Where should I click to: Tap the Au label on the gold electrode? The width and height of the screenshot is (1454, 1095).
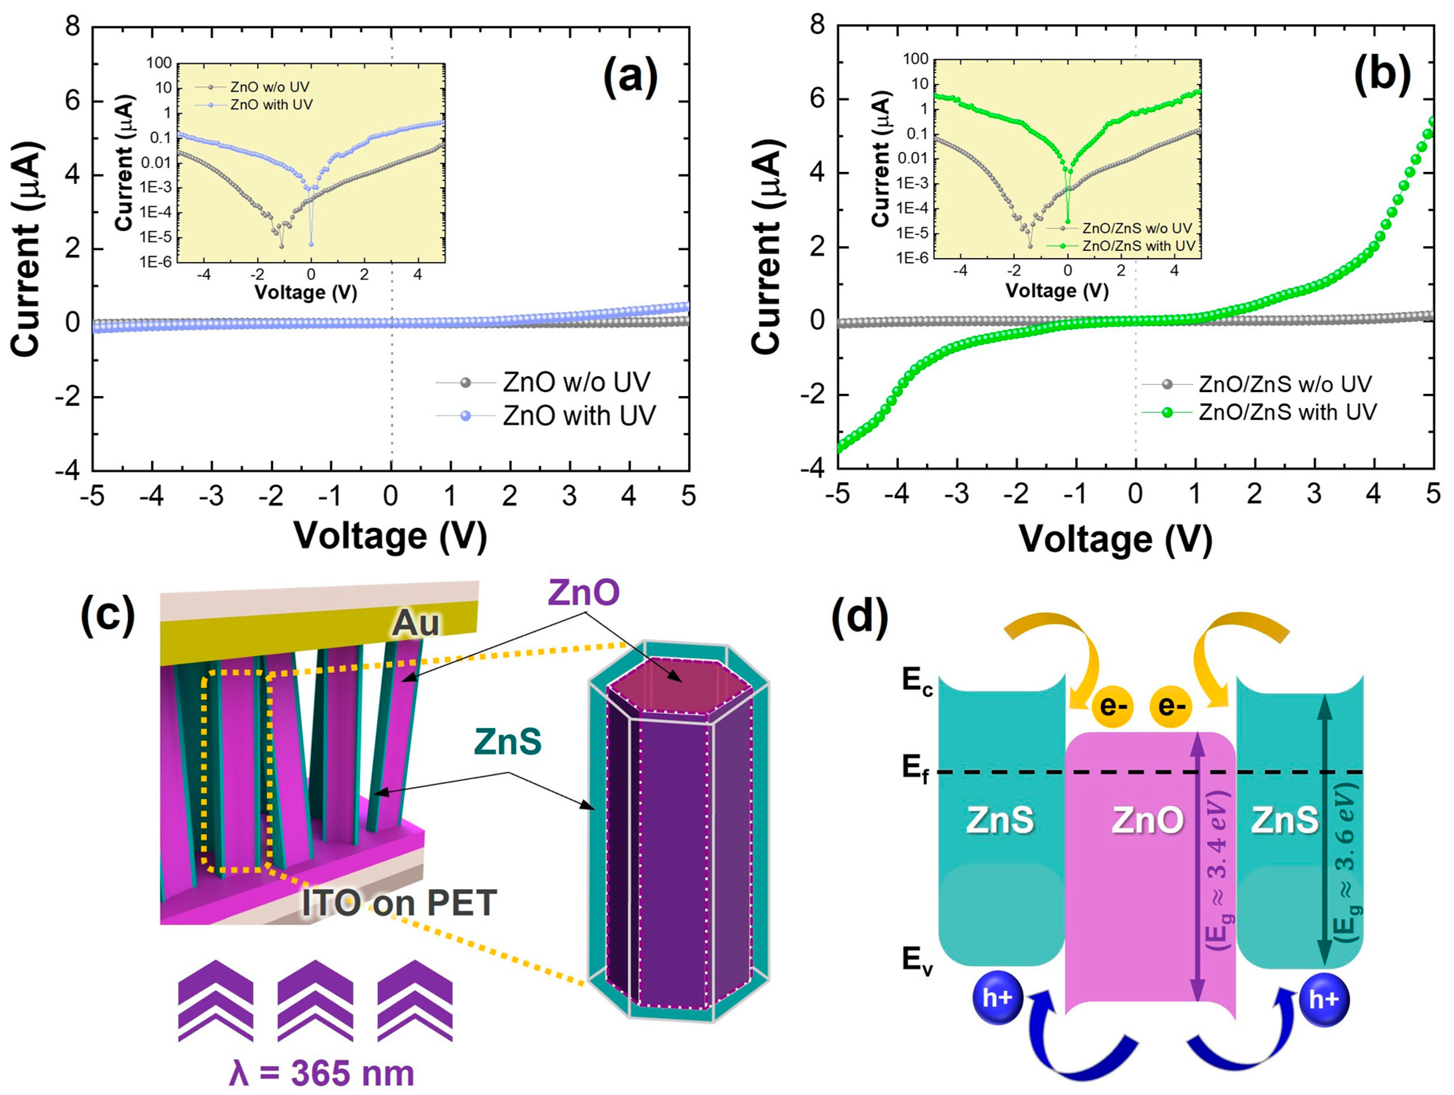pos(415,622)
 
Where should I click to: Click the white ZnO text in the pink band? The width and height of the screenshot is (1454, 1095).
pos(1148,820)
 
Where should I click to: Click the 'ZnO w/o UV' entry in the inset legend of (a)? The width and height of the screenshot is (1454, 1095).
pos(269,87)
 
